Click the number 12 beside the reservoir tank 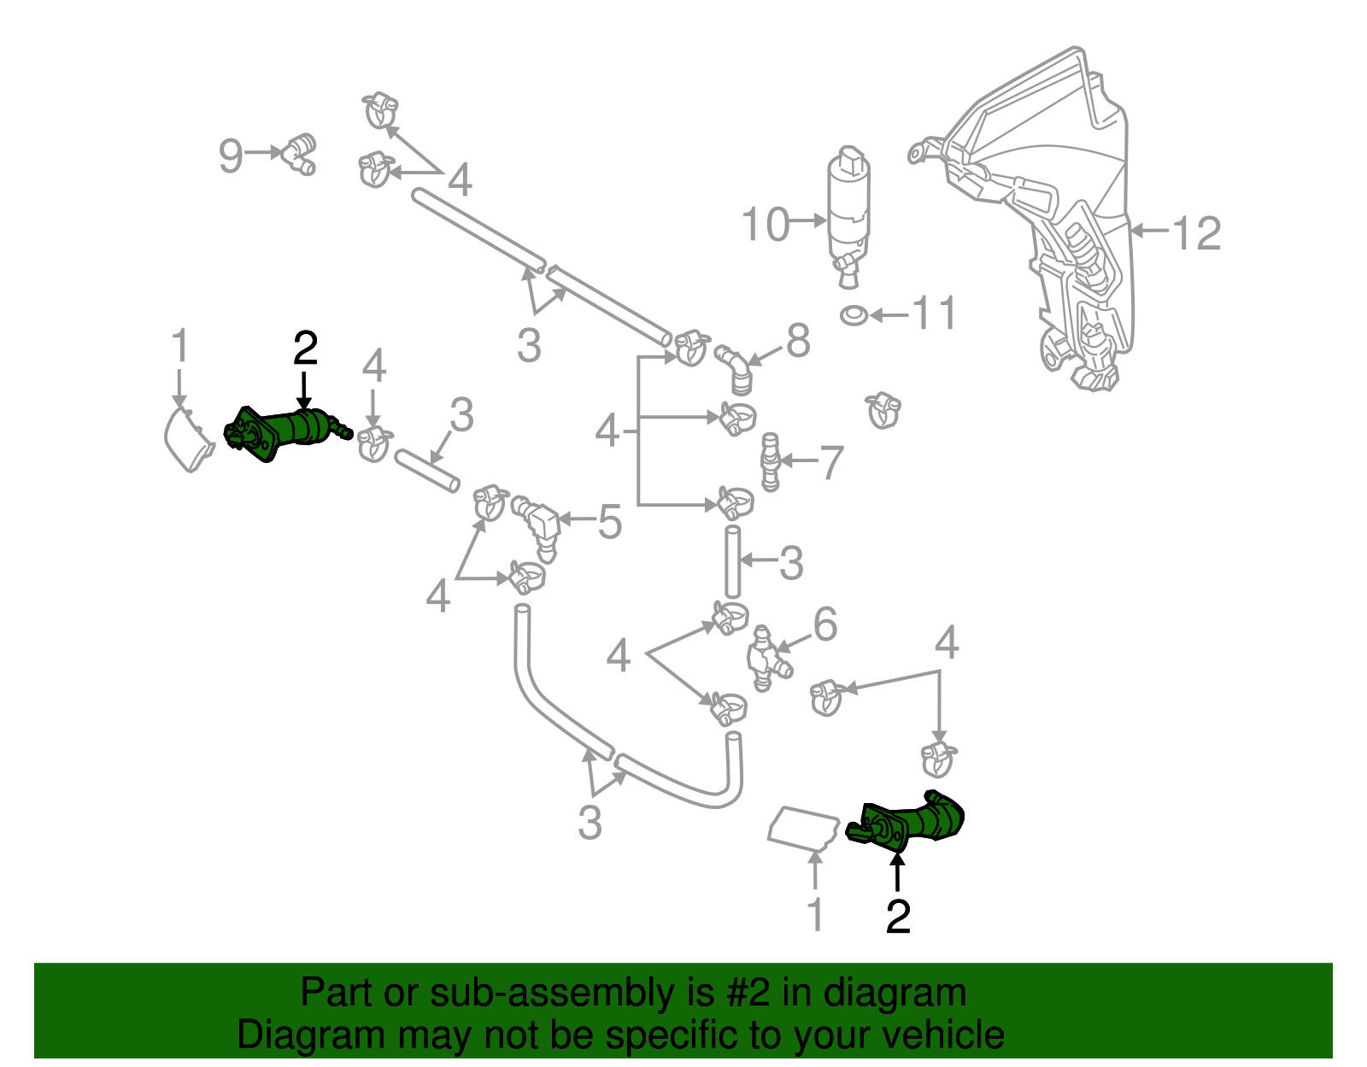pos(1197,233)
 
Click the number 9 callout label pos(230,156)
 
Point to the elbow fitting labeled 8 pos(733,367)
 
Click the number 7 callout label pos(831,463)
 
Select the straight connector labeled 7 pos(770,462)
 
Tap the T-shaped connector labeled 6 pos(766,659)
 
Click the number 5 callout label pos(609,522)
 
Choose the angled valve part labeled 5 pos(538,523)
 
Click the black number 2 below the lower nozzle pos(898,917)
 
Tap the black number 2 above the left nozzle pos(305,349)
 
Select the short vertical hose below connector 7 pos(732,562)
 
